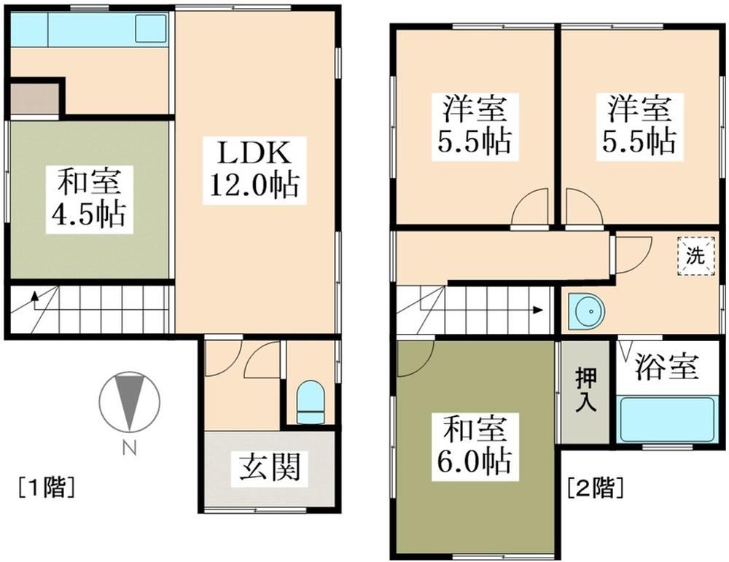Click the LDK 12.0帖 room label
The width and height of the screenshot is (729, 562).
(253, 170)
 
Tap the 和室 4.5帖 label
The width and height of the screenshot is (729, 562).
(86, 197)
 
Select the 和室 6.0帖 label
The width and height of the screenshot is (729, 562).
(472, 443)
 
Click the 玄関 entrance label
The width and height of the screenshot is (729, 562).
(270, 466)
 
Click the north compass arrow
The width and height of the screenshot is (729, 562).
(129, 400)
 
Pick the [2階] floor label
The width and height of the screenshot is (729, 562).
(595, 486)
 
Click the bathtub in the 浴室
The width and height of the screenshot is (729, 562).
(666, 420)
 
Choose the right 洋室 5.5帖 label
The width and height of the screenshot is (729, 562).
(636, 124)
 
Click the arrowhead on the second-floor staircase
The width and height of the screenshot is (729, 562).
(538, 309)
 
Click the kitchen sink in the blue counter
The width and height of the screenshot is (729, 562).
(151, 29)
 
